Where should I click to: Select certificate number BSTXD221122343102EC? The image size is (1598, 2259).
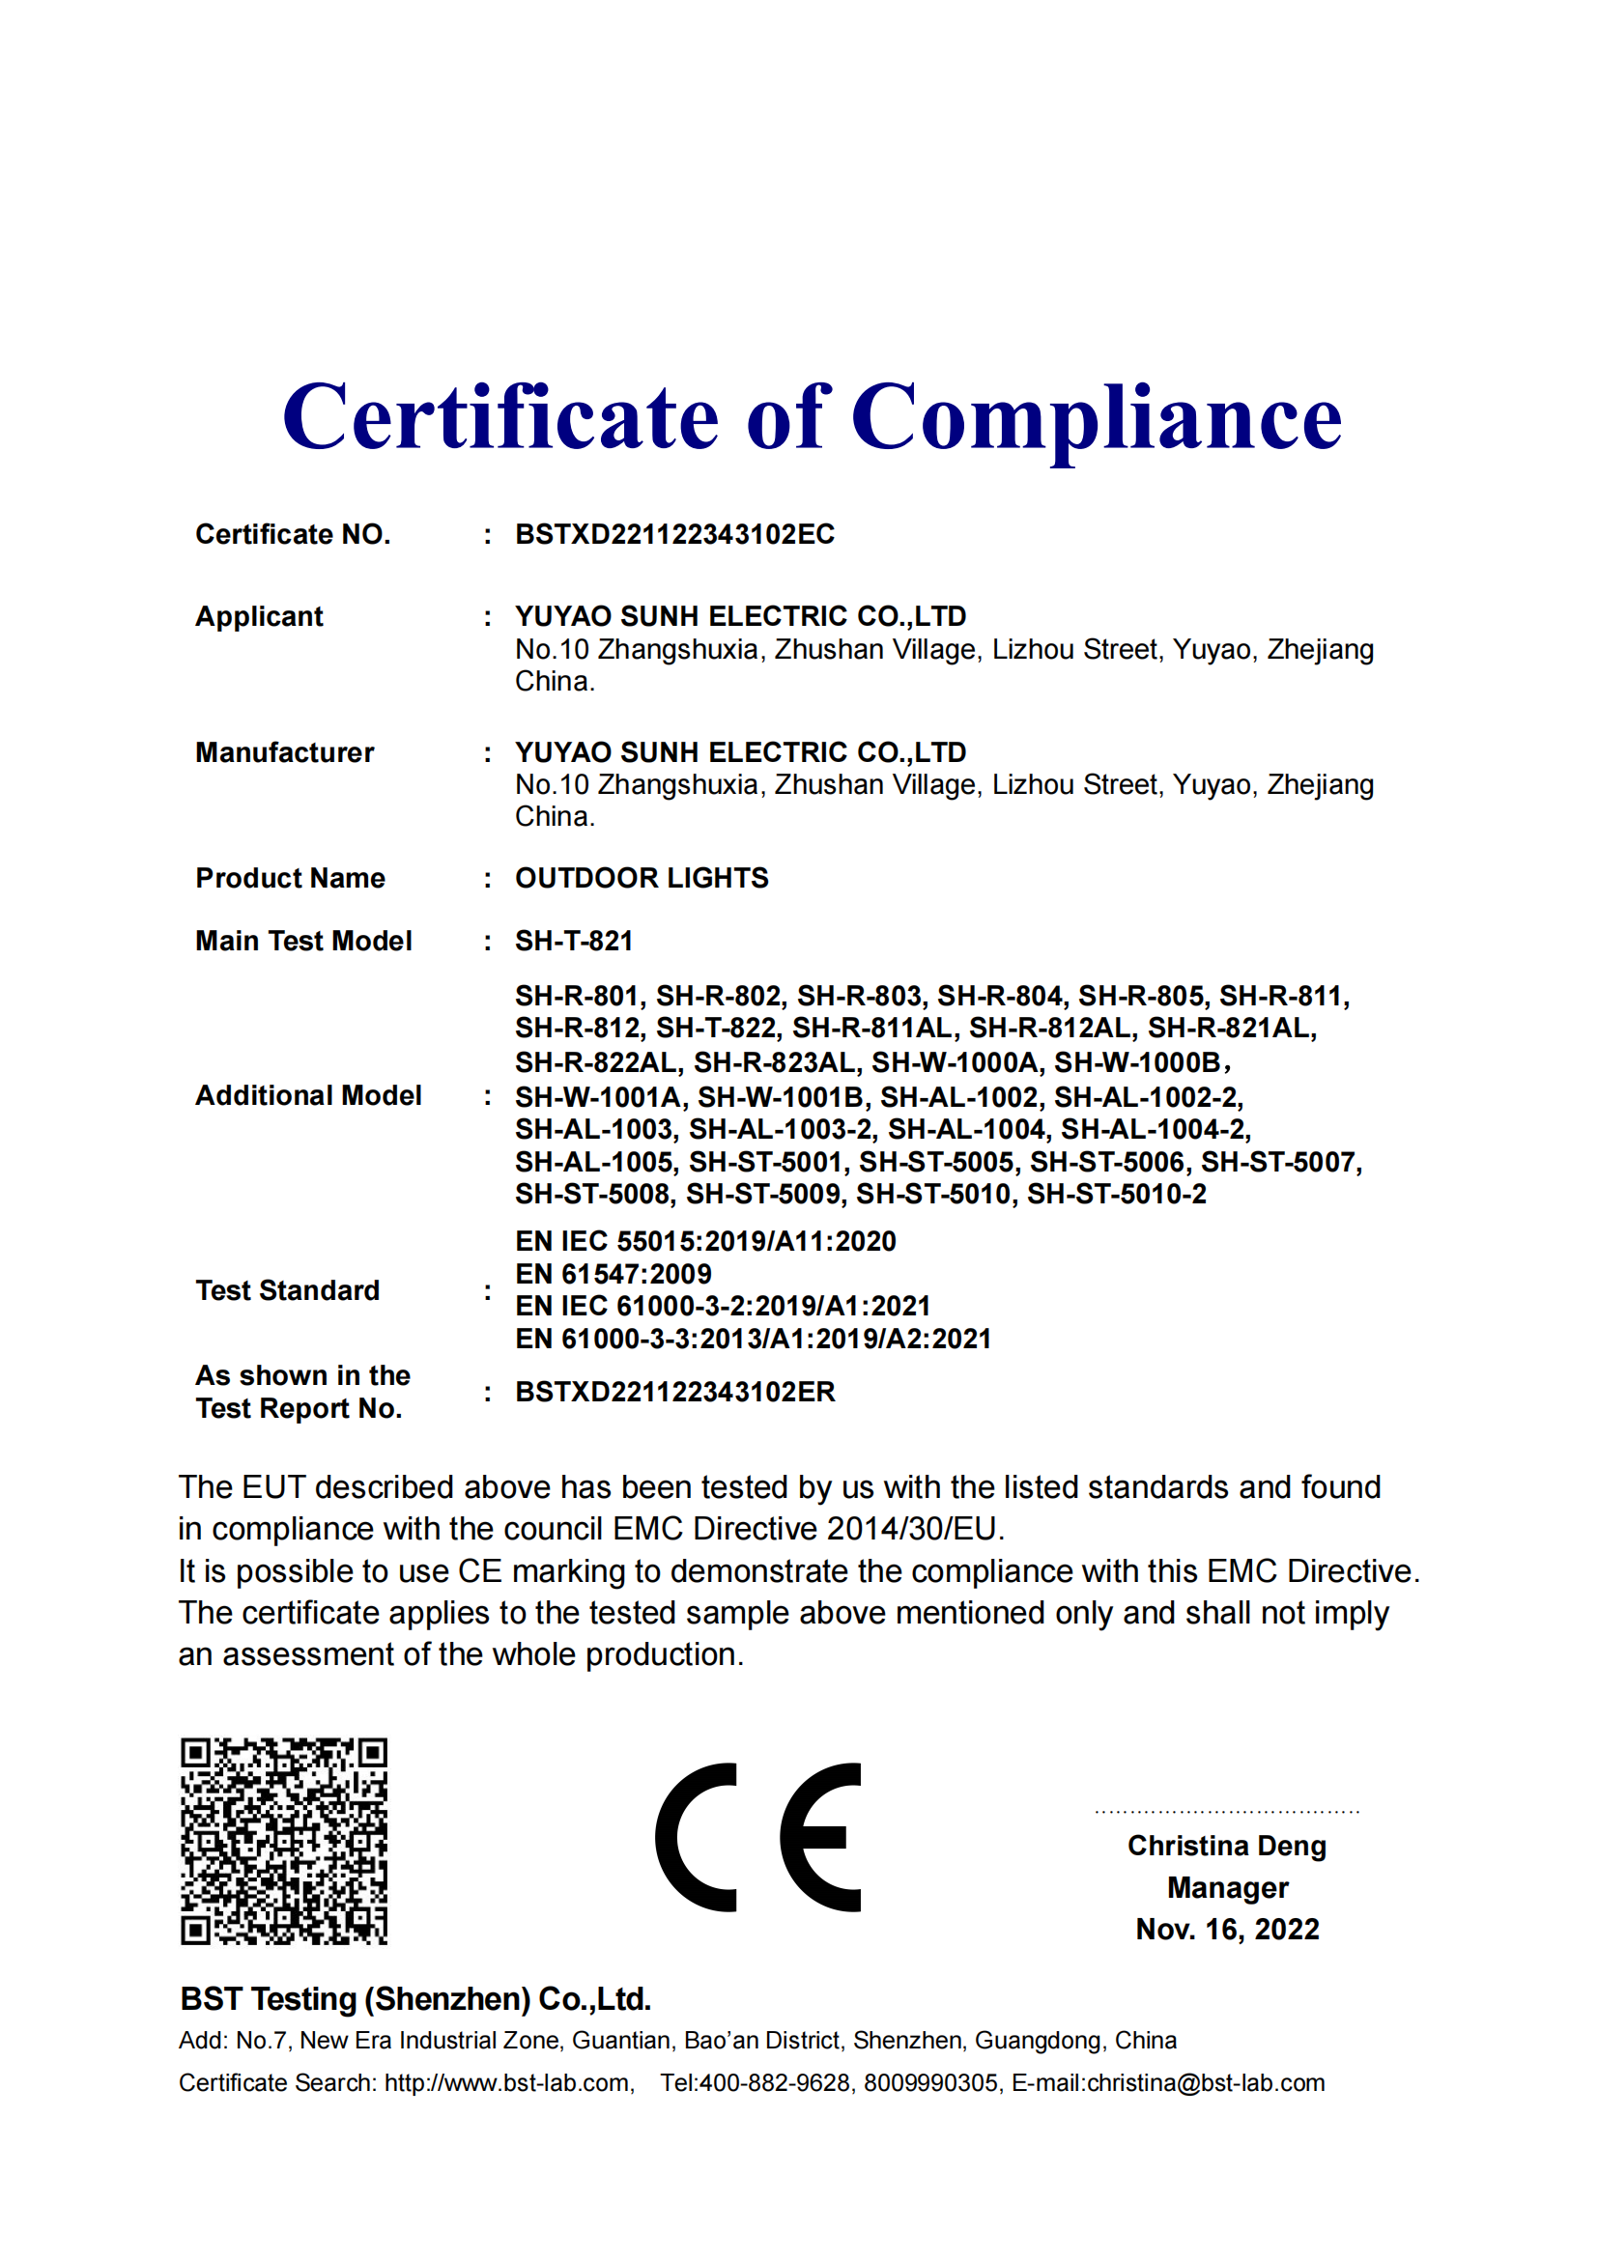674,534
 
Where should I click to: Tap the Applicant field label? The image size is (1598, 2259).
259,616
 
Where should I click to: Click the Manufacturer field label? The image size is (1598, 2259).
284,752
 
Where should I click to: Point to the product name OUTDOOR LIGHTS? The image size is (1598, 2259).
642,878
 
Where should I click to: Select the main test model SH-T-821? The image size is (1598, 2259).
574,941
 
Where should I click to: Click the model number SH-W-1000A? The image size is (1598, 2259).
955,1062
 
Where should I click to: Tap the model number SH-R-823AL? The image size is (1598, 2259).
775,1062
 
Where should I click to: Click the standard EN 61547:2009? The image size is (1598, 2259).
614,1274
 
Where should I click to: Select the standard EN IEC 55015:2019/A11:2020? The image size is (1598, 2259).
705,1242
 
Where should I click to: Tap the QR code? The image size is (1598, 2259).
284,1841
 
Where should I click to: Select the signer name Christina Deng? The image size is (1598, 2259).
1226,1846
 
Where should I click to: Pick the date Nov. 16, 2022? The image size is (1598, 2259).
1226,1930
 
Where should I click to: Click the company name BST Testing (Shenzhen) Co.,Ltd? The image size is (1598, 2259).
415,1999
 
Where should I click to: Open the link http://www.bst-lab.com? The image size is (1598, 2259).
507,2083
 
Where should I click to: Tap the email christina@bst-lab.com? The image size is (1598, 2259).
1206,2083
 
